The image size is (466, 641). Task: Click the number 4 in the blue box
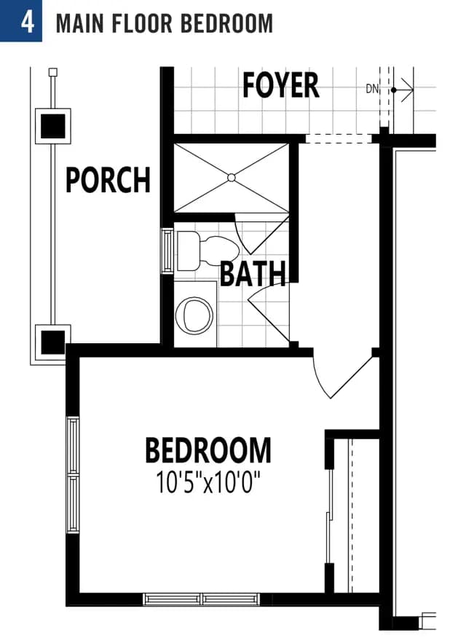[27, 23]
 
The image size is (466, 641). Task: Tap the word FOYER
[280, 85]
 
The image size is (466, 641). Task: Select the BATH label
[253, 273]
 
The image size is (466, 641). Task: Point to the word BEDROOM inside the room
[208, 450]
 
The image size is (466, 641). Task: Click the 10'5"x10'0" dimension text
[208, 482]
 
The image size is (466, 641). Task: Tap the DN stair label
[372, 89]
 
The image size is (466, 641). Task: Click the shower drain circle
[232, 178]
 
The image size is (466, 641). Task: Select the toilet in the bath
[208, 251]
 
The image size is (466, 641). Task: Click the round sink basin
[194, 315]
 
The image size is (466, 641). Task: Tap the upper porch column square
[52, 126]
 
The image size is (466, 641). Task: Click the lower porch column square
[52, 342]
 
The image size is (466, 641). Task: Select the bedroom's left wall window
[73, 475]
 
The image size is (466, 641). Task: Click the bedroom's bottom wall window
[202, 599]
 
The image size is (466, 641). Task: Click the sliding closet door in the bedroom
[329, 516]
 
